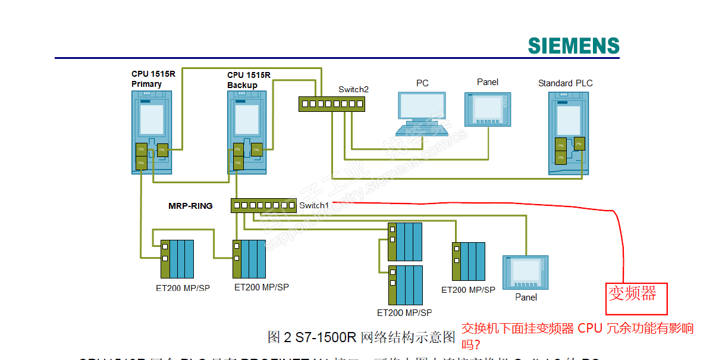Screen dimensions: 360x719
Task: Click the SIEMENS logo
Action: (573, 46)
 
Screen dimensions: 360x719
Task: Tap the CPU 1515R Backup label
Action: (249, 80)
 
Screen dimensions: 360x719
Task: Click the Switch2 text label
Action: (353, 89)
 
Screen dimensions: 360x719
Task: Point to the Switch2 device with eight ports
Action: (332, 104)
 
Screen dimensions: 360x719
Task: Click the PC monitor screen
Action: (421, 105)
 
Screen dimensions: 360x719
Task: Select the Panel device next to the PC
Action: (488, 109)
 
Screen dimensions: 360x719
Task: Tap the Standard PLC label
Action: (565, 83)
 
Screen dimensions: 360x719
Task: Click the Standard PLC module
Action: (569, 134)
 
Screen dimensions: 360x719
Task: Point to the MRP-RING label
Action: (190, 206)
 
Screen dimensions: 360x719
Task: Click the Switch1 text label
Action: (314, 205)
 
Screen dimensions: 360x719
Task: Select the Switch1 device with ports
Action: (263, 205)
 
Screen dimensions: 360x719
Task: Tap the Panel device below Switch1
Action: (526, 273)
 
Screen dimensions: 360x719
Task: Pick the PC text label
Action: (422, 83)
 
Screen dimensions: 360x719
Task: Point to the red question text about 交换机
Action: (577, 336)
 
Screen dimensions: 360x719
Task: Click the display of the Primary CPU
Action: (152, 119)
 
